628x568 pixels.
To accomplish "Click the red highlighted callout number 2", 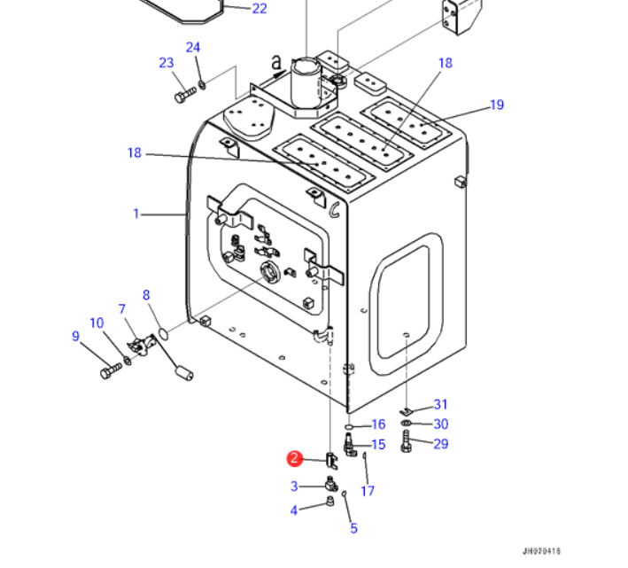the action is tap(294, 458).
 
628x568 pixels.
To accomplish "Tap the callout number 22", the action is tap(260, 8).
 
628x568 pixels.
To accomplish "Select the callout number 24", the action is tap(192, 47).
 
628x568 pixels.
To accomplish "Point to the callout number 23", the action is tap(167, 63).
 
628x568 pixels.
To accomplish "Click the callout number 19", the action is tap(497, 105).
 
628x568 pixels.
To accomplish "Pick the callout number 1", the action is tap(136, 214).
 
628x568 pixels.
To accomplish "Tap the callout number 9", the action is tap(75, 336).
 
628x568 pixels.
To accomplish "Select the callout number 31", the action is tap(440, 404).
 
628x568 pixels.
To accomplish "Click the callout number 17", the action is tap(368, 491).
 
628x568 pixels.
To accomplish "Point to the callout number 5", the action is tap(353, 528).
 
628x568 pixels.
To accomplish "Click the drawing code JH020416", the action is tap(541, 551).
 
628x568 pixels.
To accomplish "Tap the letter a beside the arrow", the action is tap(276, 63).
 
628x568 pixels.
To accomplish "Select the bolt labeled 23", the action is tap(185, 96).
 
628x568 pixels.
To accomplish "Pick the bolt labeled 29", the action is tap(406, 441).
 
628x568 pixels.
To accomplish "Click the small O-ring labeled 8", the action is tap(163, 333).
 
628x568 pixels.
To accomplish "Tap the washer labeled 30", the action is tap(406, 424).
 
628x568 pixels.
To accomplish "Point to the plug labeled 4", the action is tap(330, 501).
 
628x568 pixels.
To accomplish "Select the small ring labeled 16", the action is tap(349, 426).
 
